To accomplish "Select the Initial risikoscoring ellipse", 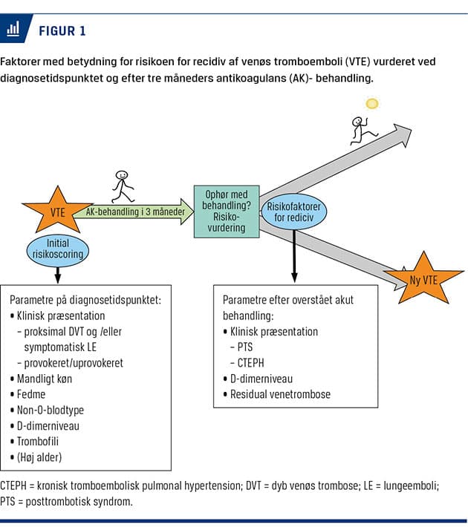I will pos(57,248).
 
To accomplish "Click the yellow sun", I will pos(372,104).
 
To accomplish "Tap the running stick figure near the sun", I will pos(363,131).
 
